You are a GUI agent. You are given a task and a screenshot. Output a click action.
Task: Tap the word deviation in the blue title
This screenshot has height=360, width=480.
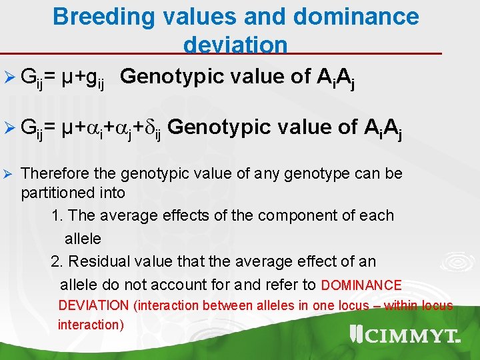235,45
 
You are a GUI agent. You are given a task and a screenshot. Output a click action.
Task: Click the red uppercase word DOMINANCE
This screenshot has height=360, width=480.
361,285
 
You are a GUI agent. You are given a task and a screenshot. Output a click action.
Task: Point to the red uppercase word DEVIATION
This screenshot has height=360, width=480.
93,305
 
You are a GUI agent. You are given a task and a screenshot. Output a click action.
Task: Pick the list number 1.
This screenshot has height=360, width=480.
56,215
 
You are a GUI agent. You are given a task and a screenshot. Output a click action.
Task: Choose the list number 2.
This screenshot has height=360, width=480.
56,261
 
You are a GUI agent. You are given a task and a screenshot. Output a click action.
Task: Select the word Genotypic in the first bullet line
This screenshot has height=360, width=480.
169,77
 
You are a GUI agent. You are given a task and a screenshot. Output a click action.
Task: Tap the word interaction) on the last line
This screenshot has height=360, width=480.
91,325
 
